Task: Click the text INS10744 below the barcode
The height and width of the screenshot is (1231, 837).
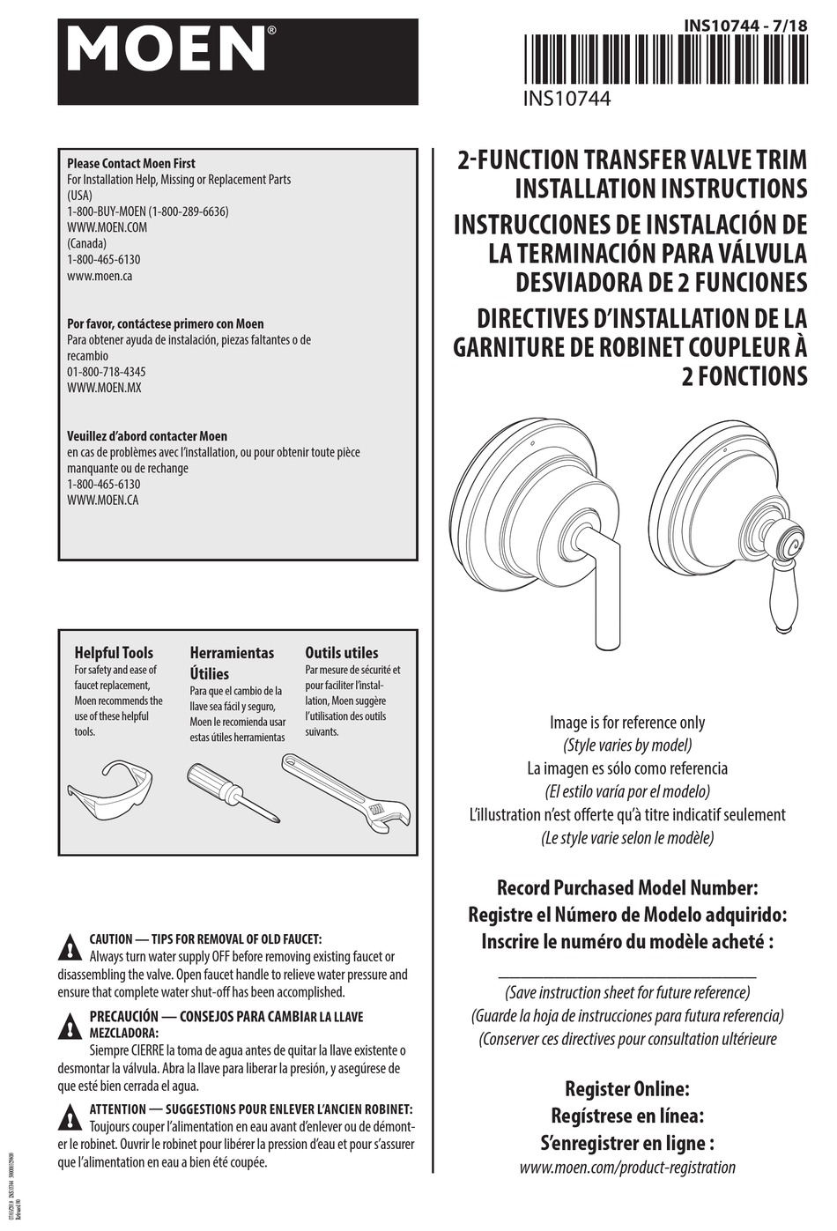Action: pyautogui.click(x=567, y=99)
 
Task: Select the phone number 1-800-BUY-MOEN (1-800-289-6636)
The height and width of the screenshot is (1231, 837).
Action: pyautogui.click(x=148, y=211)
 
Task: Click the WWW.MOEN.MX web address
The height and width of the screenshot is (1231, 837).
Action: pyautogui.click(x=104, y=388)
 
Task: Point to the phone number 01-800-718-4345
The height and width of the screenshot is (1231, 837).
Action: pyautogui.click(x=107, y=372)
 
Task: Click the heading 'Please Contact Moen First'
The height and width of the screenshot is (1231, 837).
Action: pyautogui.click(x=131, y=163)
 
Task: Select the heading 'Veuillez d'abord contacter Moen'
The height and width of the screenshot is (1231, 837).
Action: pyautogui.click(x=147, y=436)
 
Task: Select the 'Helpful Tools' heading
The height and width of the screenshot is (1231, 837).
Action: pyautogui.click(x=114, y=653)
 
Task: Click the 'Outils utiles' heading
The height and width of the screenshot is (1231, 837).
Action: pyautogui.click(x=342, y=653)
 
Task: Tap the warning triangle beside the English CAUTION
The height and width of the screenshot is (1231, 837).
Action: pyautogui.click(x=69, y=948)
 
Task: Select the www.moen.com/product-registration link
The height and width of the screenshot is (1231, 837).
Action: pyautogui.click(x=627, y=1168)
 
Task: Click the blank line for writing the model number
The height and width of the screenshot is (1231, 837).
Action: pyautogui.click(x=627, y=977)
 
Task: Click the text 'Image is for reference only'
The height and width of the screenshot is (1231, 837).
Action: pyautogui.click(x=627, y=723)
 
